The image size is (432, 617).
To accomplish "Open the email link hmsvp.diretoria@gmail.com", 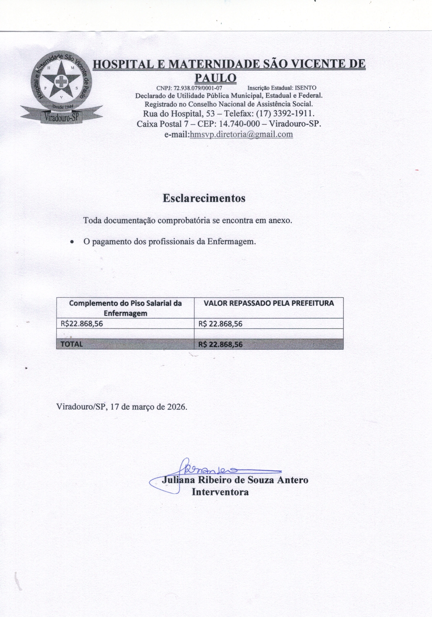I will [241, 134].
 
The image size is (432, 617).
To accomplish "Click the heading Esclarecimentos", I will [204, 198].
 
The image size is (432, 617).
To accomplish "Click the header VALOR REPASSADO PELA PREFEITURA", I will [268, 303].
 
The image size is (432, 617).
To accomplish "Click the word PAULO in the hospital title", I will [215, 78].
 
